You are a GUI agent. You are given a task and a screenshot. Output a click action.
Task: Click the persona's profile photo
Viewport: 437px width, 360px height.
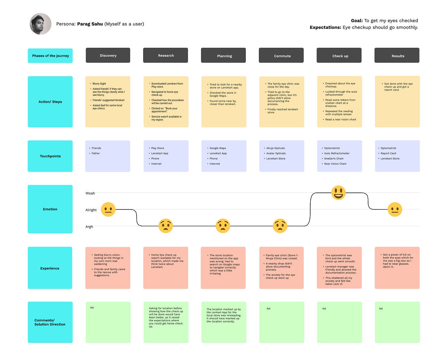40,24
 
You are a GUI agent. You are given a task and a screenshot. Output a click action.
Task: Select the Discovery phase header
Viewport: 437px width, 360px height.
108,55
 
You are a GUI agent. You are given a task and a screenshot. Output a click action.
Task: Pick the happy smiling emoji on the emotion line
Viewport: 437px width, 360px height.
338,192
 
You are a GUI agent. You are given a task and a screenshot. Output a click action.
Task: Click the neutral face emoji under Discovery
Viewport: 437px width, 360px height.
108,210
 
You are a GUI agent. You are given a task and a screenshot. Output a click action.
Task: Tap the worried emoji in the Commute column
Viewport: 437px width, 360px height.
280,226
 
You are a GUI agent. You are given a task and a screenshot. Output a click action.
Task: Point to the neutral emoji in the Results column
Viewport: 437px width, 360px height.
395,210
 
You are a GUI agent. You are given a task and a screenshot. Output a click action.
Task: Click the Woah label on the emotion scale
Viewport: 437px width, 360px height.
90,193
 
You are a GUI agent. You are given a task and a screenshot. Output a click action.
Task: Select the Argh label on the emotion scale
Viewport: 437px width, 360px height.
90,227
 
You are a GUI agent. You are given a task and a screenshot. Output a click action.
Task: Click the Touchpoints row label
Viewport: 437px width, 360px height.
50,156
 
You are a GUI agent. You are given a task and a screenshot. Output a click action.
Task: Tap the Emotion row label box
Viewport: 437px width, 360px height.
50,209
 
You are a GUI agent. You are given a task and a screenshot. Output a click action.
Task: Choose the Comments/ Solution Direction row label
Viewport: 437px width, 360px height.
50,322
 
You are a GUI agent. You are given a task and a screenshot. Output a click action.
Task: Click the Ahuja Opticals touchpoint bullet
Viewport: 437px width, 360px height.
276,148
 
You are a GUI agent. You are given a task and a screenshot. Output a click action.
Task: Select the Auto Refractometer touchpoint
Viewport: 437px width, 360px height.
337,153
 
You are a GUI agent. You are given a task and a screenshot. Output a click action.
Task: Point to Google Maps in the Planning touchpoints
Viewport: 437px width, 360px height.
218,148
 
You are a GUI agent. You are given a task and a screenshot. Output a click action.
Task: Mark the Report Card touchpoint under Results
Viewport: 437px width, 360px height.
388,153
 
